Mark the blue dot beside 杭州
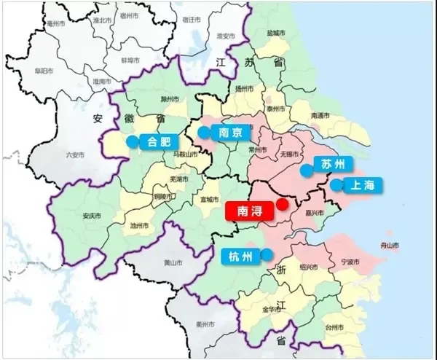tap(267, 255)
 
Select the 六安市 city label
tap(75, 154)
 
